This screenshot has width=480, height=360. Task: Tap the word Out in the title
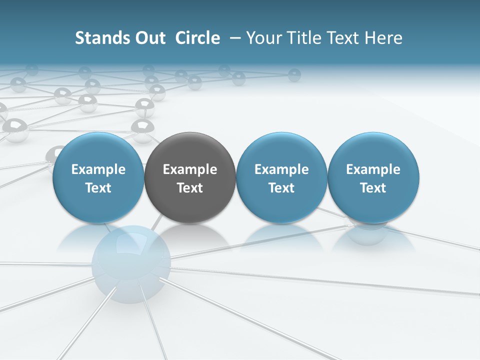149,38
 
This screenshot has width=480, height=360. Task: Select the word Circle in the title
197,38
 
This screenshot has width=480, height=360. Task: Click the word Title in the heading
305,38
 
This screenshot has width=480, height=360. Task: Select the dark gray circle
190,177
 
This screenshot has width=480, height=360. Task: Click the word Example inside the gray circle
190,169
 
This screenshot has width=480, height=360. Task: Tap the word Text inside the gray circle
190,188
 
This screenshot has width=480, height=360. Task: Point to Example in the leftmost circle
98,169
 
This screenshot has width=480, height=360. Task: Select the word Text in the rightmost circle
373,188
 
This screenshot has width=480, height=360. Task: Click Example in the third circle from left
281,169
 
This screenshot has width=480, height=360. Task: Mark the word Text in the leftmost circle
98,188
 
